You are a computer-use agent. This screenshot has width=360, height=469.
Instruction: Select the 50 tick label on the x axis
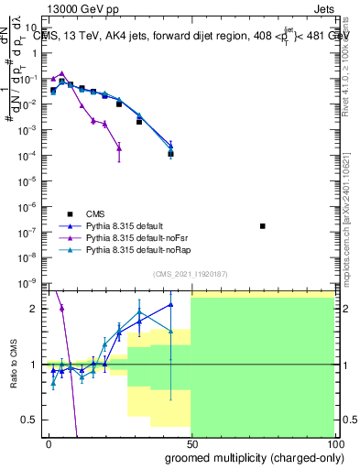pos(191,442)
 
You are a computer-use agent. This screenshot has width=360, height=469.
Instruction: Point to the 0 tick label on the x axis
pos(49,442)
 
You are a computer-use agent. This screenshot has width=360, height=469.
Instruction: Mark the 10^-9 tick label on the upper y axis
pos(29,281)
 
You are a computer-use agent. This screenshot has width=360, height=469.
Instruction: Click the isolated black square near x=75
pos(263,225)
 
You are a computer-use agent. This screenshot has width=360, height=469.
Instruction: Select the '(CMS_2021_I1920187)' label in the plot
pos(191,274)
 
